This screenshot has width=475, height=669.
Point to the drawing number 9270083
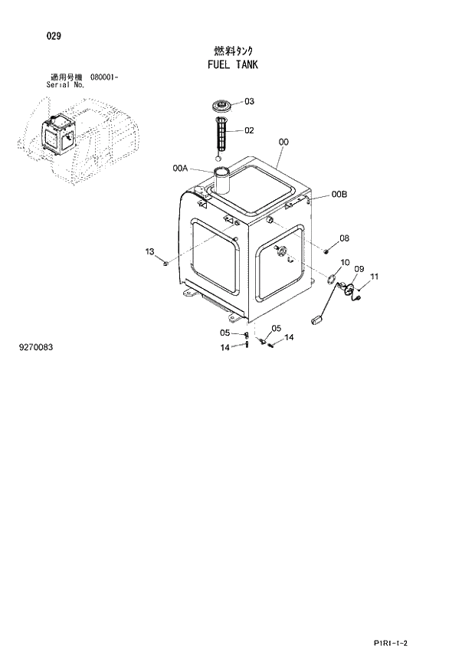(36, 347)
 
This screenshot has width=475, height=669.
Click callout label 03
(249, 101)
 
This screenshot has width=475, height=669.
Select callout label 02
(249, 130)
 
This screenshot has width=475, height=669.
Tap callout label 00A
(181, 167)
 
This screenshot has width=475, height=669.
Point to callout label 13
(149, 251)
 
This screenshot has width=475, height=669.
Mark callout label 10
(345, 262)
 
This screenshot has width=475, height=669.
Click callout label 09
(358, 269)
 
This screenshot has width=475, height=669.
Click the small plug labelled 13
(165, 265)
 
